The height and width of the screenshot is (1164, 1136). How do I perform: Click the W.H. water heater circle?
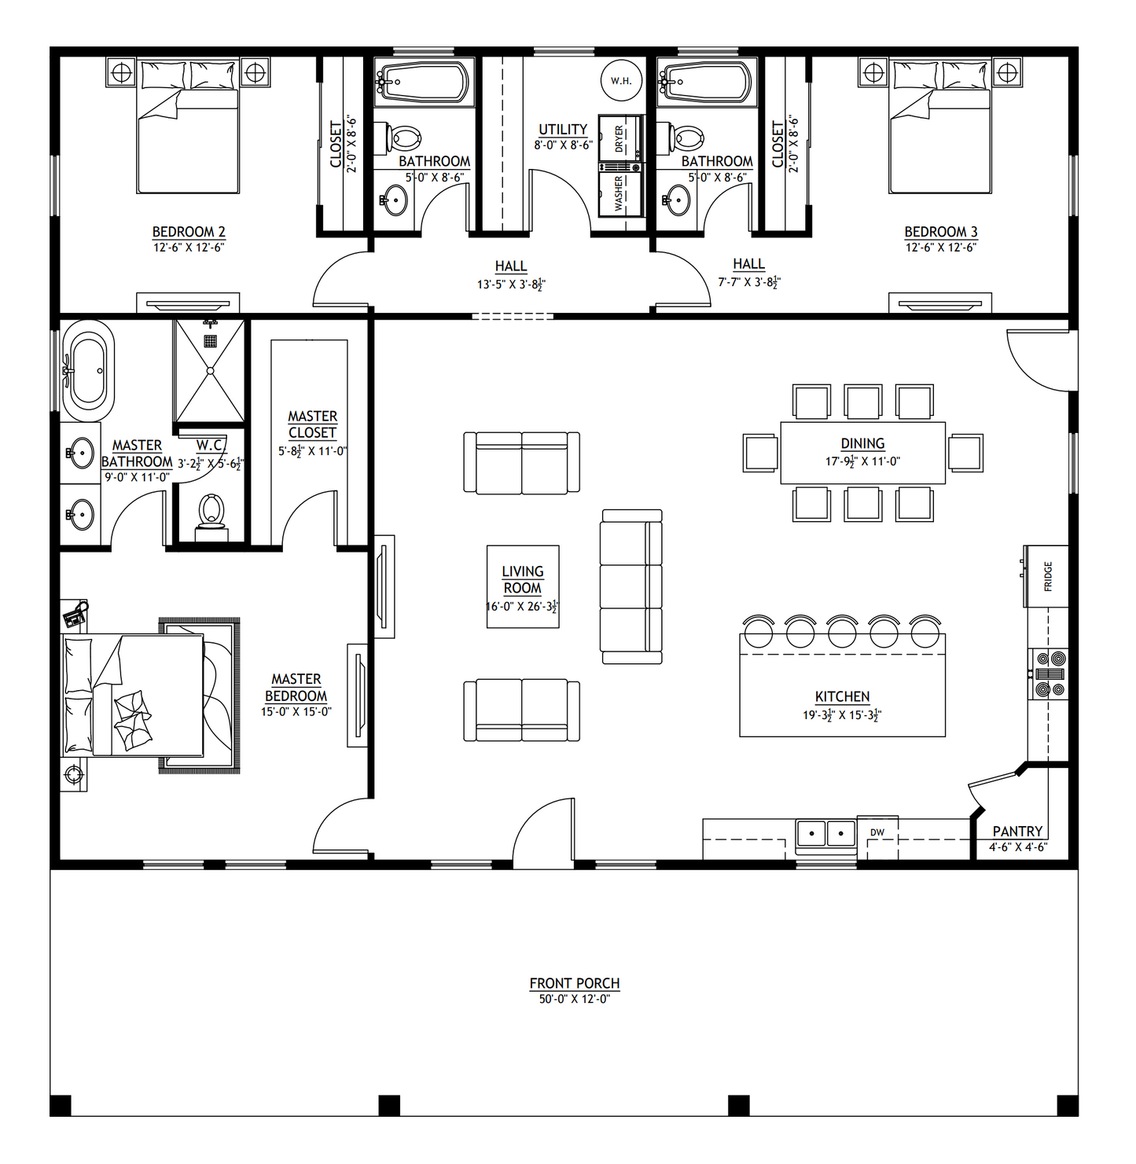click(621, 80)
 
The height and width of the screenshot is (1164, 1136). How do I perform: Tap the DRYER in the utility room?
click(620, 138)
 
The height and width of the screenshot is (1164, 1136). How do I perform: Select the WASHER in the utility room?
click(620, 193)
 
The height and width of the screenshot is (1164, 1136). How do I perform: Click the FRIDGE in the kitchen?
click(1046, 576)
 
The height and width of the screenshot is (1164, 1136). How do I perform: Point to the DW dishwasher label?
click(877, 832)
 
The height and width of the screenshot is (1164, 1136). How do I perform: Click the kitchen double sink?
click(826, 832)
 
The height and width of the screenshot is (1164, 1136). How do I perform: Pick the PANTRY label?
click(1017, 831)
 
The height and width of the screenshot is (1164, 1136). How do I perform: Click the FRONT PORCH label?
click(574, 983)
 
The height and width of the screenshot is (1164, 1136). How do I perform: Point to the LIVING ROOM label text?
click(523, 580)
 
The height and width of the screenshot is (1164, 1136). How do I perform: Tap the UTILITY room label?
click(563, 129)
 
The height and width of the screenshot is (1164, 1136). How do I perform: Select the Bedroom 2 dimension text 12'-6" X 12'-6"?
click(189, 248)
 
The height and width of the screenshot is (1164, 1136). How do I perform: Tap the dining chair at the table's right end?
click(965, 453)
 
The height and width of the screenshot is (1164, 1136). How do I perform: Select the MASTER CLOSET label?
click(312, 424)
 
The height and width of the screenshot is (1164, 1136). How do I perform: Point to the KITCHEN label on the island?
click(842, 696)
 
